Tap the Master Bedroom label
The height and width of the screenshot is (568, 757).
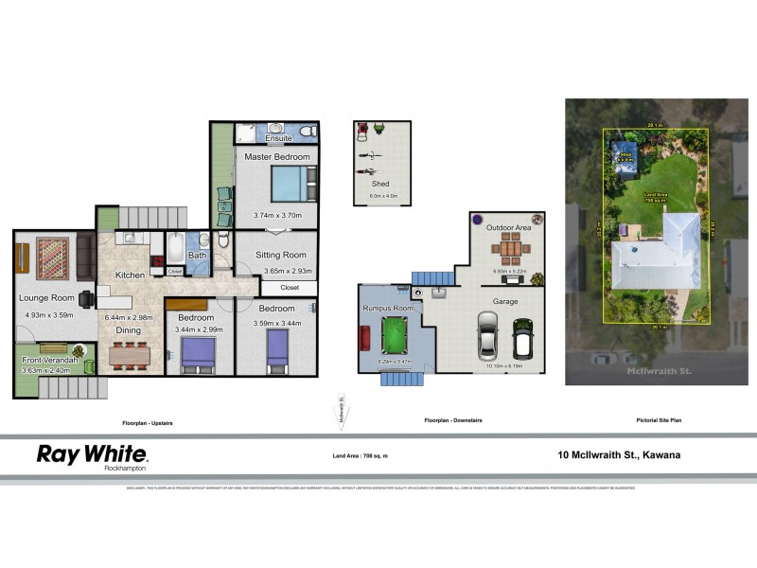click(277, 156)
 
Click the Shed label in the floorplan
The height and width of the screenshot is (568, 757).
click(380, 184)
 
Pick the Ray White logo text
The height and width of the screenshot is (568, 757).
click(91, 453)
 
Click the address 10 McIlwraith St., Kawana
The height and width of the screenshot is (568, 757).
click(619, 454)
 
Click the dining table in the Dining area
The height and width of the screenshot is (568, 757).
click(129, 355)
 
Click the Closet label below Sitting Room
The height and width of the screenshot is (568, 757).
click(290, 287)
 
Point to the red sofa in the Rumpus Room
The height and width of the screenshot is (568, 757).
click(365, 338)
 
